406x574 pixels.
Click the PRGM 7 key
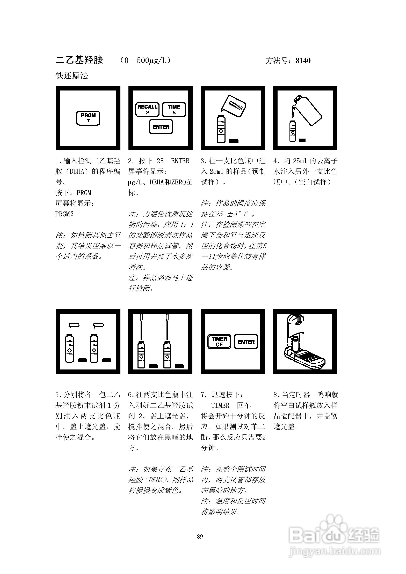(88, 118)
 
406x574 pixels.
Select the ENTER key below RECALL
(161, 127)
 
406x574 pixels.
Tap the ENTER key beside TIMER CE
(246, 342)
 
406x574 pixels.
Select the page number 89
(200, 536)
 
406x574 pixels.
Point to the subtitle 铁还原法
(72, 76)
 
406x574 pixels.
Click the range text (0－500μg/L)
(145, 61)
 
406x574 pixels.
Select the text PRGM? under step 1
(65, 214)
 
